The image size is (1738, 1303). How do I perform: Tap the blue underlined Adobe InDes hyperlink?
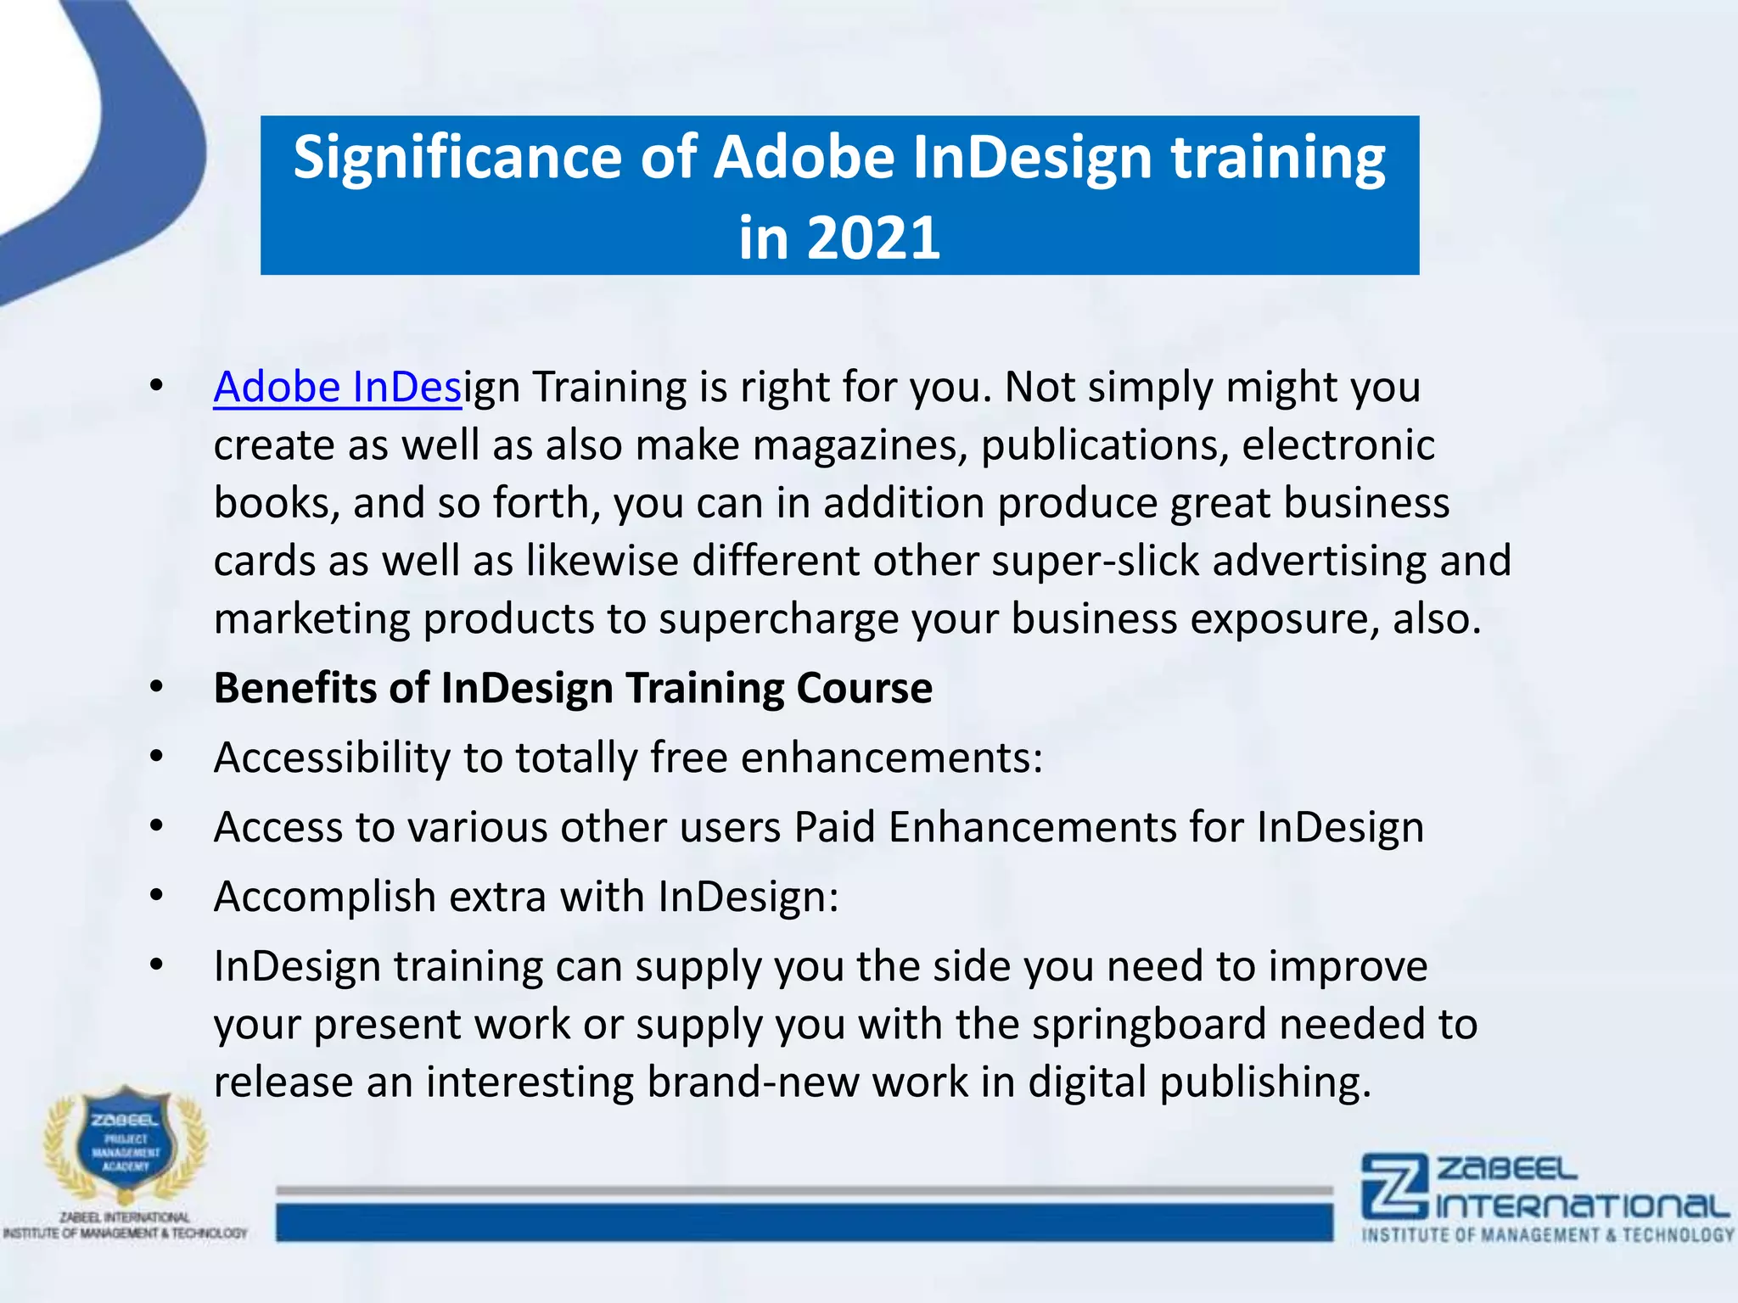coord(337,388)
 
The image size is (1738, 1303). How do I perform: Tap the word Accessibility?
coord(332,758)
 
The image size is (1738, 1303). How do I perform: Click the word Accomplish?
coord(324,897)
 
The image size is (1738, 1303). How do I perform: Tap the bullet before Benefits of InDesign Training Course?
coord(156,688)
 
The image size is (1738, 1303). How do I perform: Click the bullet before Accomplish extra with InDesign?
coord(156,897)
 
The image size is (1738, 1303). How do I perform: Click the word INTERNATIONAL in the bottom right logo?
coord(1583,1205)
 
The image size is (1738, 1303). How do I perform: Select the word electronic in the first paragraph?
coord(1338,446)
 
